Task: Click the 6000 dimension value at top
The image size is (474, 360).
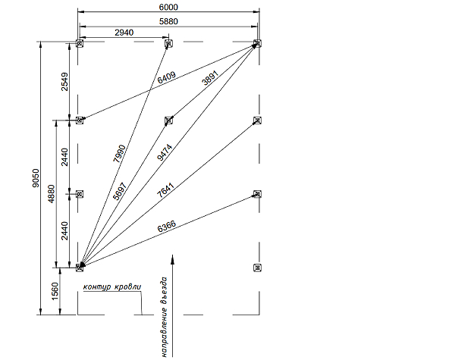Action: point(168,7)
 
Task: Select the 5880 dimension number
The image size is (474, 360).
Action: point(168,21)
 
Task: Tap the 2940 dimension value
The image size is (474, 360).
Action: point(124,33)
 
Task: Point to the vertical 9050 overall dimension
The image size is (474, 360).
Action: point(36,178)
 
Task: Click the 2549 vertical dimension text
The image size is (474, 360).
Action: point(64,82)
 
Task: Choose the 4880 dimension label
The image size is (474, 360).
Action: point(52,193)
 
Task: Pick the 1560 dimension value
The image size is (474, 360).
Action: point(55,291)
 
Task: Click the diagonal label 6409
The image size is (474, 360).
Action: point(167,77)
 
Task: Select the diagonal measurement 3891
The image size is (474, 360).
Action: point(210,78)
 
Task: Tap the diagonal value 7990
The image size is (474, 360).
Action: point(119,154)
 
